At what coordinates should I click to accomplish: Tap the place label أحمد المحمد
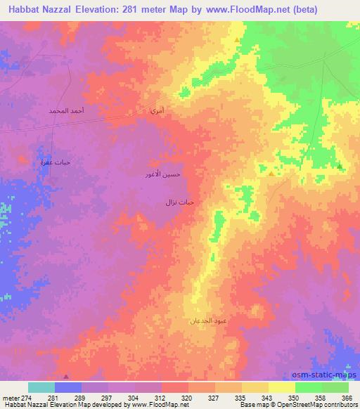(x=67, y=112)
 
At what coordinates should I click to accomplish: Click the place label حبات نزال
(x=179, y=202)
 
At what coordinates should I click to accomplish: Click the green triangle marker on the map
(x=340, y=167)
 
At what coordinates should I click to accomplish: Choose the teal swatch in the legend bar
(x=41, y=387)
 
